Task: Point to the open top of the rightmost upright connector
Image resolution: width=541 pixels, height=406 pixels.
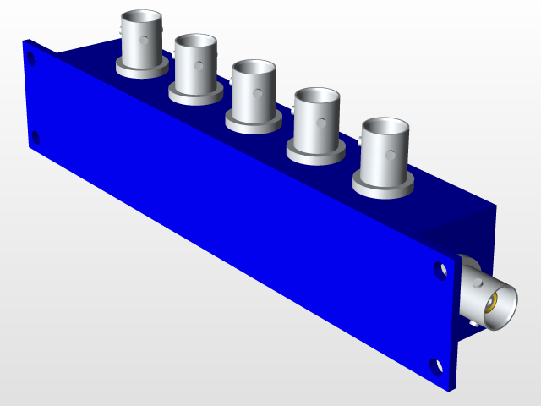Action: pos(385,128)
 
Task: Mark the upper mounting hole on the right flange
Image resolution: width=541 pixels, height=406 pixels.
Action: pos(440,271)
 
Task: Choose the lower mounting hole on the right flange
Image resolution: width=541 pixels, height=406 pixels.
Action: pos(436,366)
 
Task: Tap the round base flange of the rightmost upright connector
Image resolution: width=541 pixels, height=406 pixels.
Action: pos(382,188)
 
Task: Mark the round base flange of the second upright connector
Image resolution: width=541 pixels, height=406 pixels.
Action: pos(195,95)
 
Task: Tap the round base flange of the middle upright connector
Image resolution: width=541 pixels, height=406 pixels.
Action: pos(253,123)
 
